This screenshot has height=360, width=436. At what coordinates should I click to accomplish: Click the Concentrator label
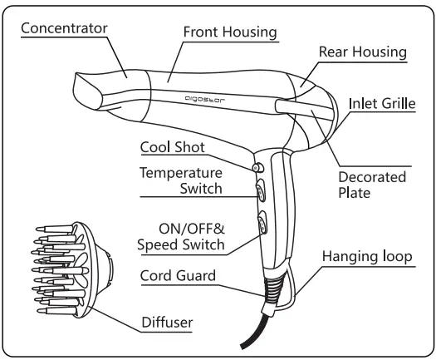click(x=64, y=27)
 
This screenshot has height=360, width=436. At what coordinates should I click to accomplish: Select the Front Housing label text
click(x=229, y=32)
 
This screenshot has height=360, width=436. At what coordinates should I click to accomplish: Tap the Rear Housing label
click(x=362, y=52)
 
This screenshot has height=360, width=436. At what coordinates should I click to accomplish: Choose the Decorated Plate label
click(x=372, y=185)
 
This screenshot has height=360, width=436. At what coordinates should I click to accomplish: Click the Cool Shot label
click(x=172, y=147)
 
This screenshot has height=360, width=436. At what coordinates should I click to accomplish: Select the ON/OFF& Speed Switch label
click(x=179, y=236)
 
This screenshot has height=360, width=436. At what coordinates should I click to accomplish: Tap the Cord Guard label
click(x=178, y=275)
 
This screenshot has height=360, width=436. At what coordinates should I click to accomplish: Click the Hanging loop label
click(x=366, y=257)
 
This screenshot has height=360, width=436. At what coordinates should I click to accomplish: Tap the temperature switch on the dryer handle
click(x=259, y=191)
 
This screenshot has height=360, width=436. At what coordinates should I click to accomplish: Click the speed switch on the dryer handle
click(x=263, y=223)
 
